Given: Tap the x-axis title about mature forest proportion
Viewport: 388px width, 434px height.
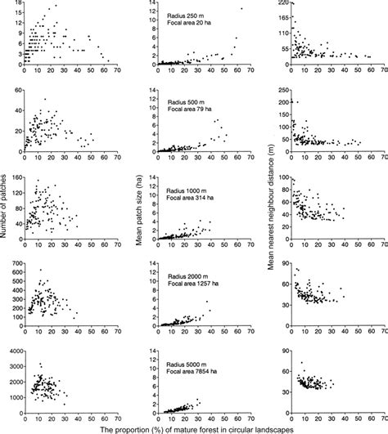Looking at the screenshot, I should click(x=194, y=427).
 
